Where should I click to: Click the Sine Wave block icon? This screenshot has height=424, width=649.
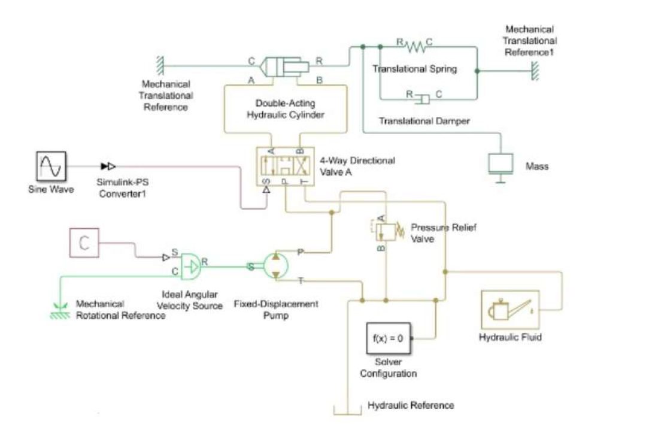click(x=51, y=166)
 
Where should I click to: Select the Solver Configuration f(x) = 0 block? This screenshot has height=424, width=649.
click(x=388, y=338)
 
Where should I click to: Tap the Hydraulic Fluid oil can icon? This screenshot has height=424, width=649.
click(x=510, y=310)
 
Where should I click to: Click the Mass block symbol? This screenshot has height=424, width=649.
click(x=501, y=167)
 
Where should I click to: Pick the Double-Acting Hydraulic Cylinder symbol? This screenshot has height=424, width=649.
click(x=284, y=66)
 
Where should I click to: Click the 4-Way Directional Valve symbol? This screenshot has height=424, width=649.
click(x=285, y=166)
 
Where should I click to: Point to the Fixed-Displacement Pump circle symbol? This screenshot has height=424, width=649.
click(x=275, y=265)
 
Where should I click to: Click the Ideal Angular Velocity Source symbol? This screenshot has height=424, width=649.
click(x=190, y=266)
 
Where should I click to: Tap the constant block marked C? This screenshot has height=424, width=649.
click(x=84, y=243)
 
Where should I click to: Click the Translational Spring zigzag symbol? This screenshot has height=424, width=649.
click(x=414, y=46)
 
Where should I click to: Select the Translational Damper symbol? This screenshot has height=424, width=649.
click(x=423, y=99)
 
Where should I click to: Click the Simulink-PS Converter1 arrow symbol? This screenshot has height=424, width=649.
click(x=108, y=166)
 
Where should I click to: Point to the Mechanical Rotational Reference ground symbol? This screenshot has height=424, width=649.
click(x=60, y=312)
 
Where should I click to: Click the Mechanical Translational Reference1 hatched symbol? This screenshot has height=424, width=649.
click(x=535, y=71)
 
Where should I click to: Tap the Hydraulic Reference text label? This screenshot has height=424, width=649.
click(x=411, y=405)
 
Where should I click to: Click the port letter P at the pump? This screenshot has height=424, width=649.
click(x=301, y=252)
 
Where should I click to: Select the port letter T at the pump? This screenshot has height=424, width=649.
click(x=301, y=281)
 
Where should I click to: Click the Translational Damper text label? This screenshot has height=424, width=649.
click(x=424, y=121)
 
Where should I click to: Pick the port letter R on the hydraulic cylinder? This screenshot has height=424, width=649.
click(x=319, y=61)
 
